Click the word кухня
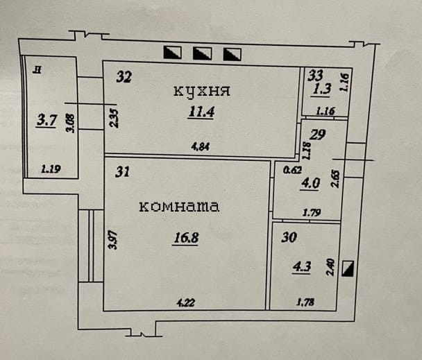(201, 91)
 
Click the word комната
(179, 206)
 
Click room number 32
(124, 77)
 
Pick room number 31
(123, 173)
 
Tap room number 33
(316, 74)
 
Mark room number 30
(289, 237)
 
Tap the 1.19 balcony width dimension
(50, 167)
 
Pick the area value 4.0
(310, 184)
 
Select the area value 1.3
(321, 89)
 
